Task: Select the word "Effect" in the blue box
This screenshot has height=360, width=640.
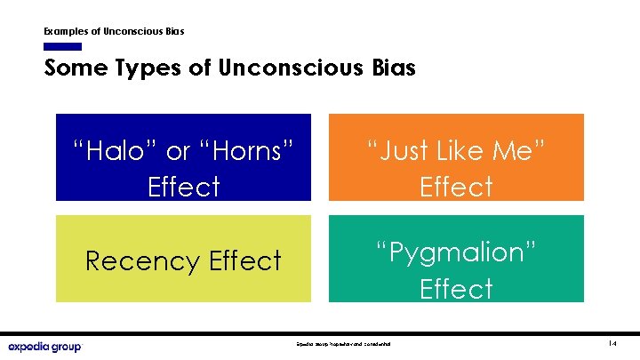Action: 184,187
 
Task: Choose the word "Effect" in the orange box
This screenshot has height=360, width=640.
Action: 456,187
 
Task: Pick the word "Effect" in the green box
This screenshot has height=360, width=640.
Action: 456,289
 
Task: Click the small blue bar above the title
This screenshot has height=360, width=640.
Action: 62,46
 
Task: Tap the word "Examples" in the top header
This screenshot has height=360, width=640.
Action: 72,31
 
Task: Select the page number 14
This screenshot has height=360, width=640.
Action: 612,343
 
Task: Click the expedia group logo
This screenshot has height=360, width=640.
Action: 44,346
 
